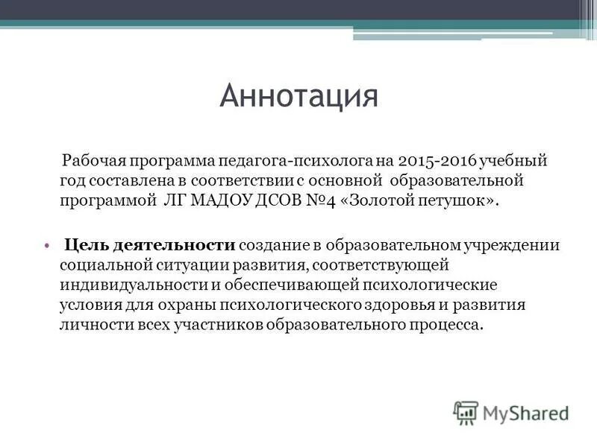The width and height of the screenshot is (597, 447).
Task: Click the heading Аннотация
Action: tap(298, 97)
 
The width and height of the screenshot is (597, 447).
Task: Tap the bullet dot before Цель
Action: tap(46, 244)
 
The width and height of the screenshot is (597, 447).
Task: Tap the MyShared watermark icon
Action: tap(466, 412)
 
